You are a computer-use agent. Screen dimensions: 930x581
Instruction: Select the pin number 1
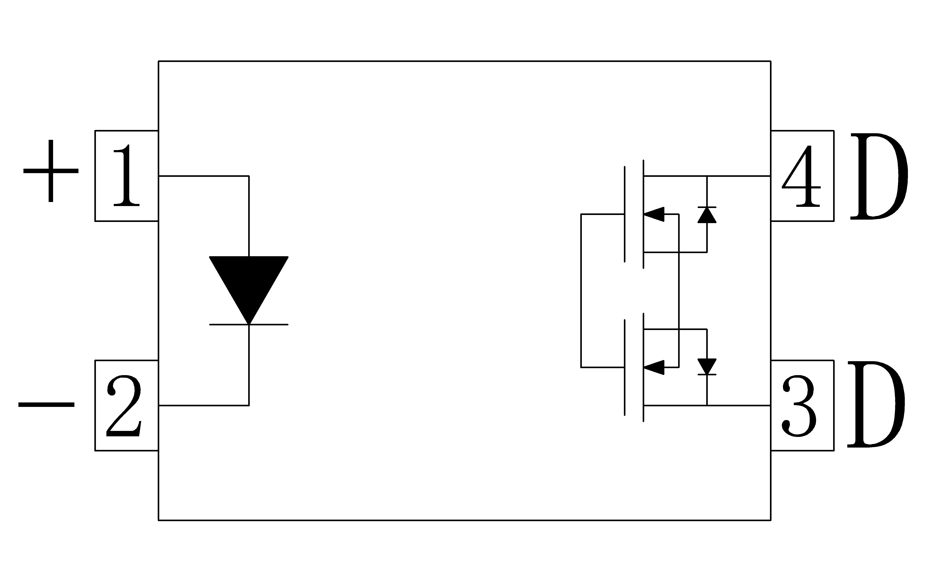pyautogui.click(x=127, y=176)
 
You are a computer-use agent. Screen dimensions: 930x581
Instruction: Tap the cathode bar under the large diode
pyautogui.click(x=249, y=325)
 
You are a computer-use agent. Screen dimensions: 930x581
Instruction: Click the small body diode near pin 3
pyautogui.click(x=707, y=367)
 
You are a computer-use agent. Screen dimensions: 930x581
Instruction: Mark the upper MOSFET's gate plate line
pyautogui.click(x=624, y=214)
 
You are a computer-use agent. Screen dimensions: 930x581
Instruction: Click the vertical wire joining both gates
pyautogui.click(x=581, y=291)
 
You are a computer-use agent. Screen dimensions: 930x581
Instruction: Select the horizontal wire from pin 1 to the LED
pyautogui.click(x=204, y=176)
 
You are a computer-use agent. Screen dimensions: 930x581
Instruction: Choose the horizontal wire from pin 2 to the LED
pyautogui.click(x=204, y=405)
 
